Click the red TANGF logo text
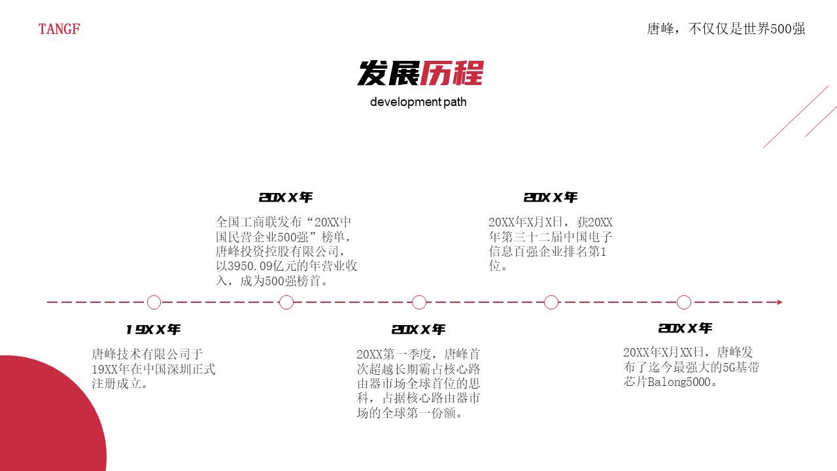(59, 29)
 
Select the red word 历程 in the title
(451, 73)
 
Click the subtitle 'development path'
(418, 102)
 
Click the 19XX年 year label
(154, 330)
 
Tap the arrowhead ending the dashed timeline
(779, 302)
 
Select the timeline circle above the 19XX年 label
(154, 302)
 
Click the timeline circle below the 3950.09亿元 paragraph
(286, 302)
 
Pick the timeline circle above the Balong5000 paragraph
(684, 302)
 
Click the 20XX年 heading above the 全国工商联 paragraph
(286, 198)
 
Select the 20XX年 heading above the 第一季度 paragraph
(418, 330)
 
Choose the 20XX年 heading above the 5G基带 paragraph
(685, 328)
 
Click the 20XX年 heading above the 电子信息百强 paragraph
(551, 198)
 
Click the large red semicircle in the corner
(46, 419)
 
